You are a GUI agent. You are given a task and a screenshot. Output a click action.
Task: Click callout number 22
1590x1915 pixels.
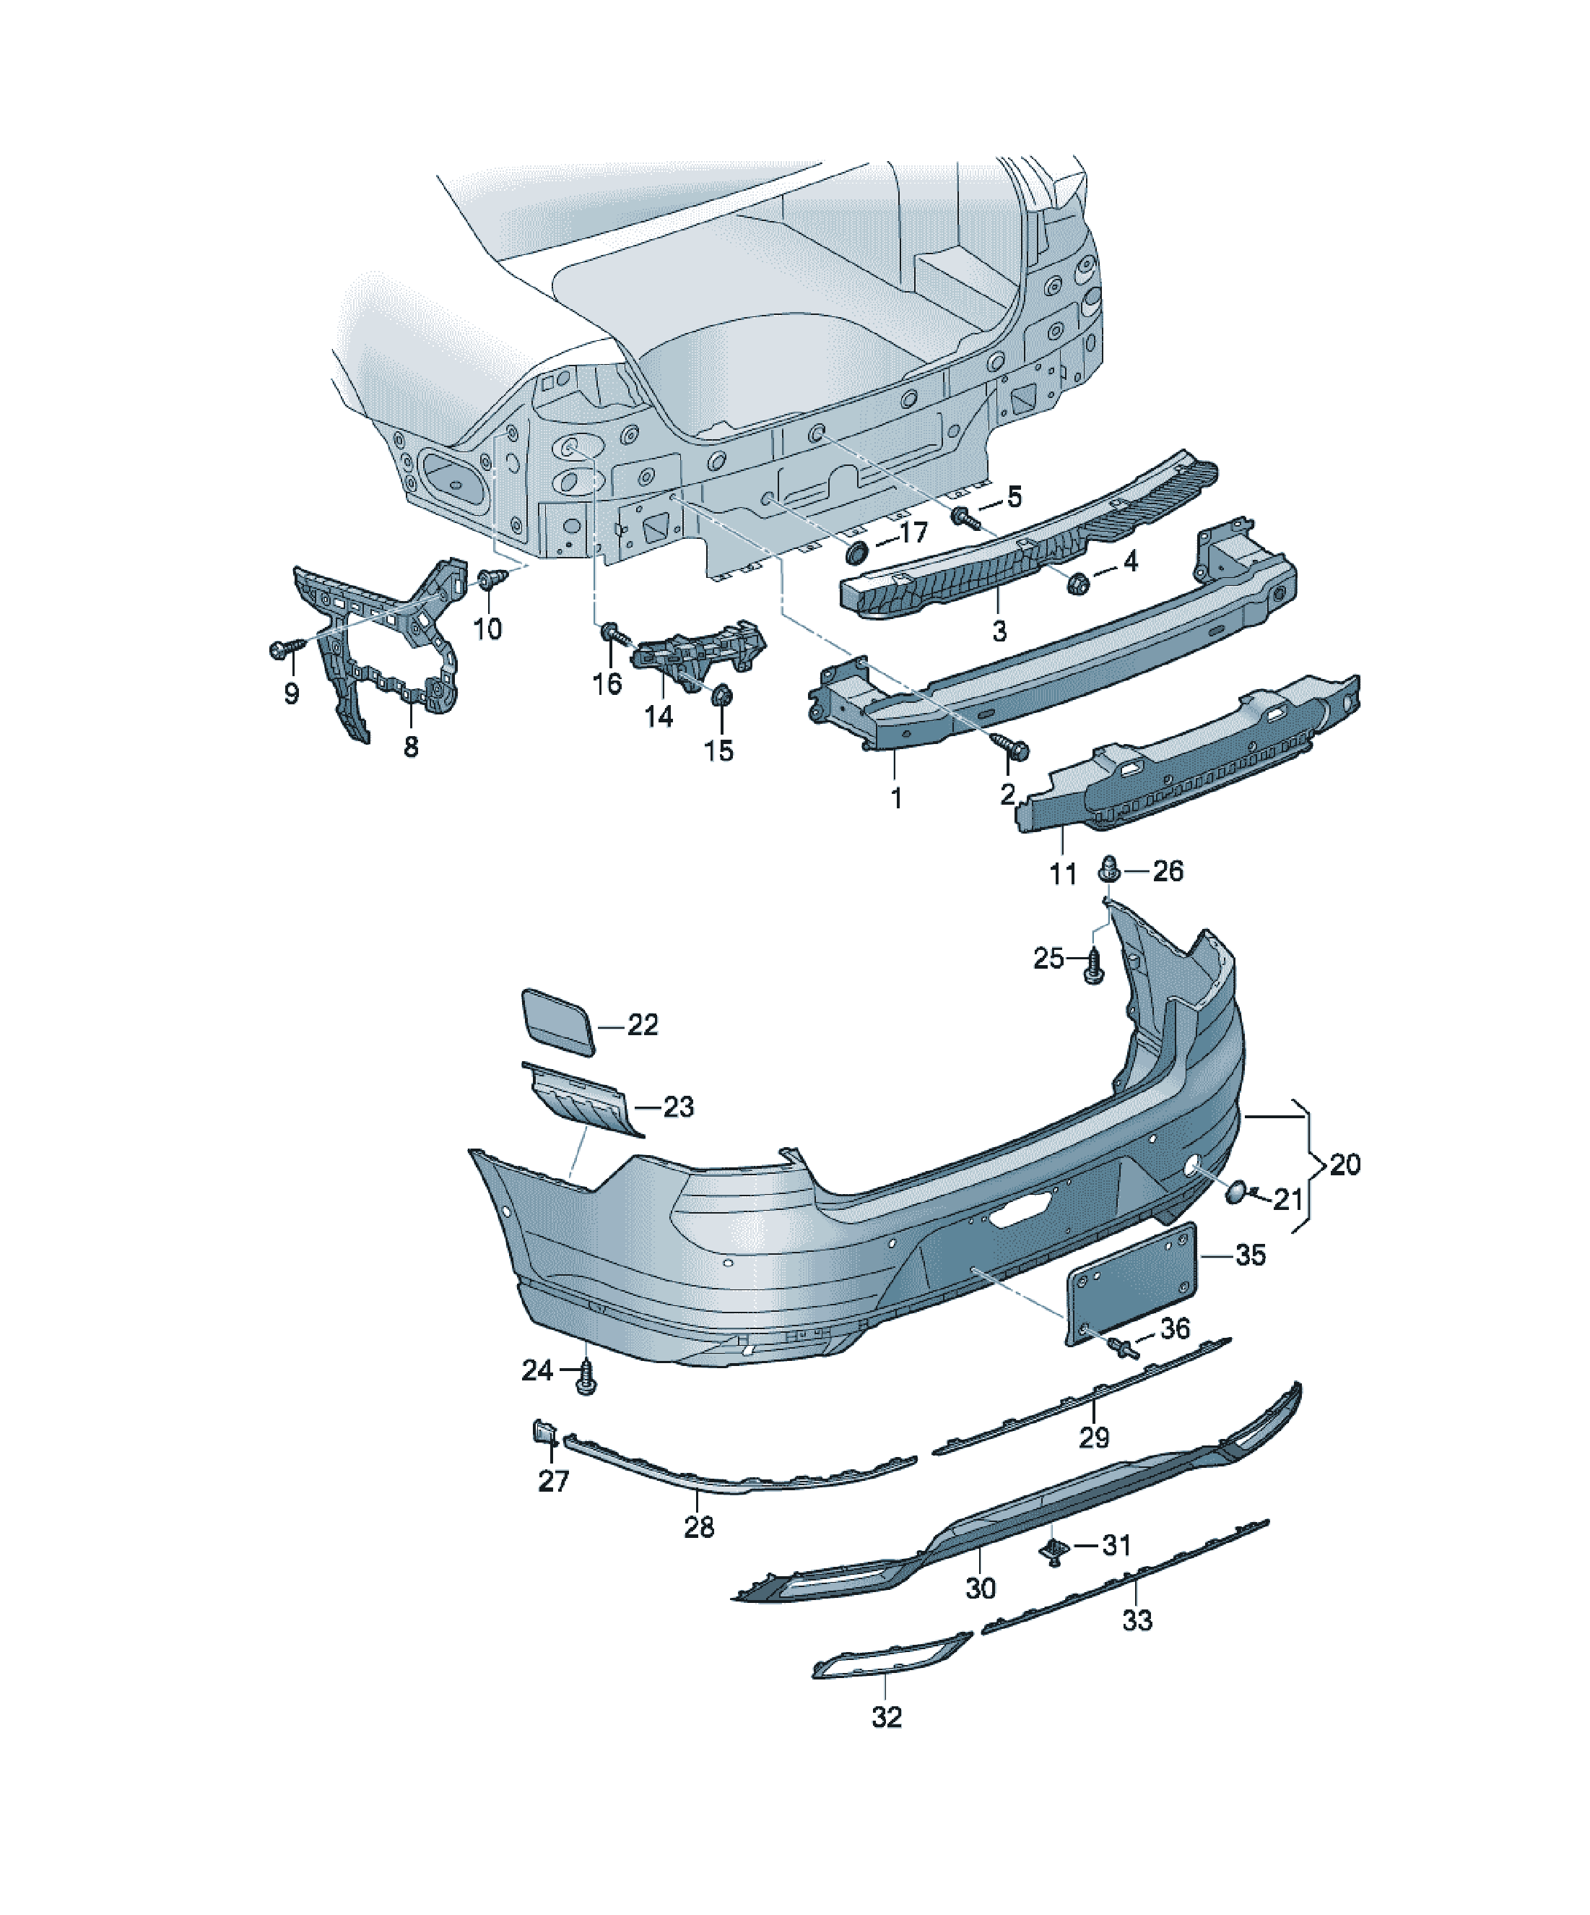point(643,1025)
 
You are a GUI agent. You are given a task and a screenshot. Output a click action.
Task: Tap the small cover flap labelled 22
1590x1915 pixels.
point(558,1021)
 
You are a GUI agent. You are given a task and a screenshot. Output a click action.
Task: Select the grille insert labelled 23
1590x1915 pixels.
point(583,1102)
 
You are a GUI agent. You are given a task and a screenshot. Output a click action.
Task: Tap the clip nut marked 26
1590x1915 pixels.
point(1110,868)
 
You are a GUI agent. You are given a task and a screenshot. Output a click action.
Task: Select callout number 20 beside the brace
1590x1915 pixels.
point(1344,1164)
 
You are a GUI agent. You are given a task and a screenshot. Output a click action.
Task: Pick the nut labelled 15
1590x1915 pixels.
point(721,696)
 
